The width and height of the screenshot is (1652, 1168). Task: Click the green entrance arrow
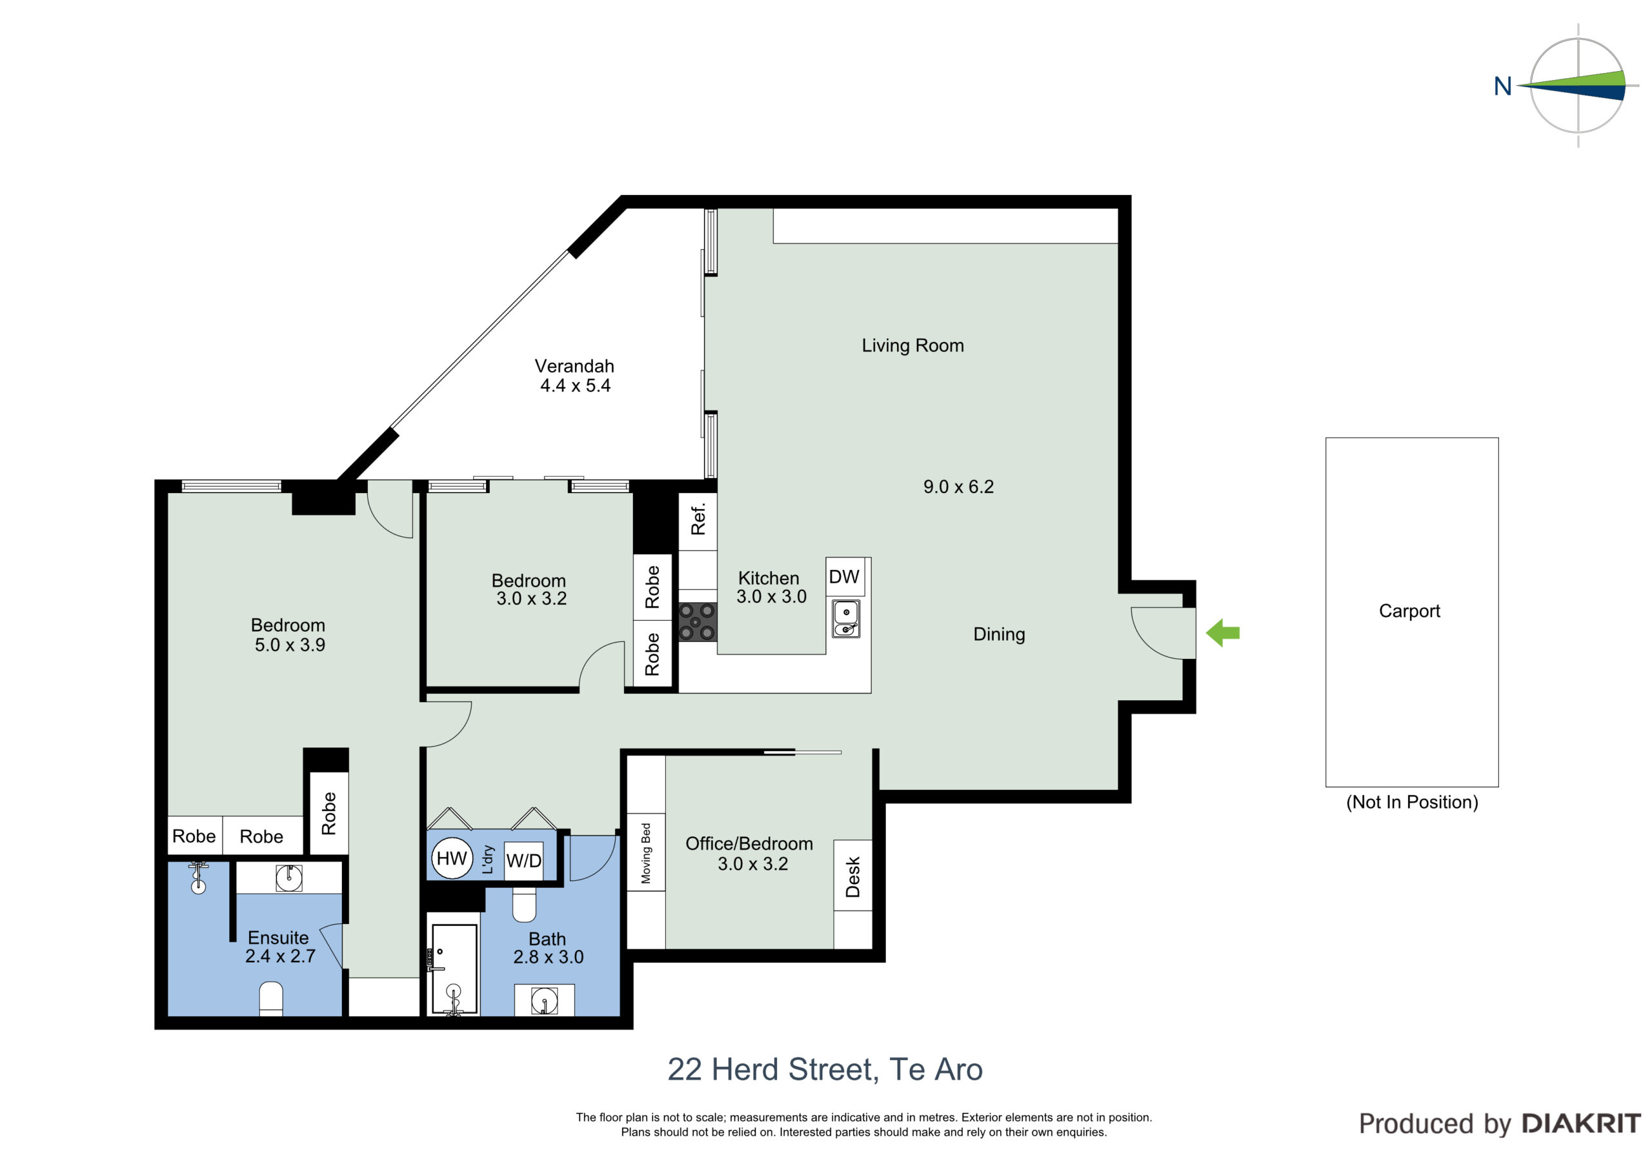click(x=1222, y=633)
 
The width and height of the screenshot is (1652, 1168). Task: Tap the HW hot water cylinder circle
click(x=452, y=858)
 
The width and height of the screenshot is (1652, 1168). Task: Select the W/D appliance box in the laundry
click(x=524, y=861)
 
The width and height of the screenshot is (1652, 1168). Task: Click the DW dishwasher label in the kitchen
click(x=844, y=576)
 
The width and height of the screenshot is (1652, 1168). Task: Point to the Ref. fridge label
click(x=698, y=519)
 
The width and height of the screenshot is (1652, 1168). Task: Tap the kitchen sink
click(x=846, y=619)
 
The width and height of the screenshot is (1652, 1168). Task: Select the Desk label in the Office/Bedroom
click(x=852, y=876)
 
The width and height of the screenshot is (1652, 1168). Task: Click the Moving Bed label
click(x=645, y=854)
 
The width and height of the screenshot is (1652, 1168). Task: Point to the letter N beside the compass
click(x=1503, y=86)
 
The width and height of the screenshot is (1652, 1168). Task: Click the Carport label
click(x=1409, y=611)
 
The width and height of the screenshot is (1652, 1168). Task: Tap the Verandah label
click(x=574, y=367)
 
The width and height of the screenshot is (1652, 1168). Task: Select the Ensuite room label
click(x=278, y=938)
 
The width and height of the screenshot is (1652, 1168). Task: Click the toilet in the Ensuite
click(x=270, y=999)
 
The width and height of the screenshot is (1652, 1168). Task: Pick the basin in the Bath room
click(x=544, y=1001)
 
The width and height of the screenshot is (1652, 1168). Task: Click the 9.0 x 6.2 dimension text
click(x=958, y=487)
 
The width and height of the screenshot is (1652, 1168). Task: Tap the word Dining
click(x=1000, y=634)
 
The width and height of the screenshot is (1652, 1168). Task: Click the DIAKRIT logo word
click(x=1581, y=1123)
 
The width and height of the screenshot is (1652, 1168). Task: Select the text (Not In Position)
click(x=1413, y=802)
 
